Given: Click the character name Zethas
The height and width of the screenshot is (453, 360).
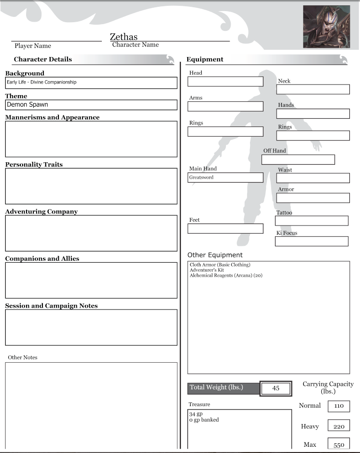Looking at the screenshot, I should [124, 37].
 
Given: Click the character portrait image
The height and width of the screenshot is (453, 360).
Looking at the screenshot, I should [326, 27].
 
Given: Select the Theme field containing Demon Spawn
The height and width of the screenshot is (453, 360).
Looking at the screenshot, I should [91, 105].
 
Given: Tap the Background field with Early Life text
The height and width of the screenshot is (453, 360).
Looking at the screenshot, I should [91, 83].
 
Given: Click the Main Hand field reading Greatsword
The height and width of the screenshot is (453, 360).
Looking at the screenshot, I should [225, 178].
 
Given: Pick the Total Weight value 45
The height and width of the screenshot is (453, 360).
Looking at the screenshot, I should [276, 388].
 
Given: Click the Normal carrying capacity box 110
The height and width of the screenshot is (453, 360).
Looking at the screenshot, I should [339, 406].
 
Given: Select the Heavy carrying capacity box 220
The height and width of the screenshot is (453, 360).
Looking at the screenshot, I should [339, 426].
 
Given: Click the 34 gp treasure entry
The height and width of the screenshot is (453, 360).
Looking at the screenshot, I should [195, 414].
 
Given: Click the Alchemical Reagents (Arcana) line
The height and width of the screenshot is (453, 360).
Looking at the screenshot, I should [226, 275].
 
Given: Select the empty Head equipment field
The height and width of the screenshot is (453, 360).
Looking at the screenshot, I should [225, 82].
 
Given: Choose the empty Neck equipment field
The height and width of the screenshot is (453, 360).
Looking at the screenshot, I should [313, 89].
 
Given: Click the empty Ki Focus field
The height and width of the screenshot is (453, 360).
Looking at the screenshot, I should [311, 241].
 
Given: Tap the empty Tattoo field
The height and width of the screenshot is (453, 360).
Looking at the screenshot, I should [311, 221].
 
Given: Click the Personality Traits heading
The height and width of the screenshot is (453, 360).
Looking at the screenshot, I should [34, 165].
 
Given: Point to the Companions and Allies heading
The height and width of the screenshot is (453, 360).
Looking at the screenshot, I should [42, 259].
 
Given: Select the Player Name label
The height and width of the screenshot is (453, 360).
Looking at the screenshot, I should [33, 46].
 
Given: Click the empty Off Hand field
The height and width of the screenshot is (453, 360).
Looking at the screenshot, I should [298, 159].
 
